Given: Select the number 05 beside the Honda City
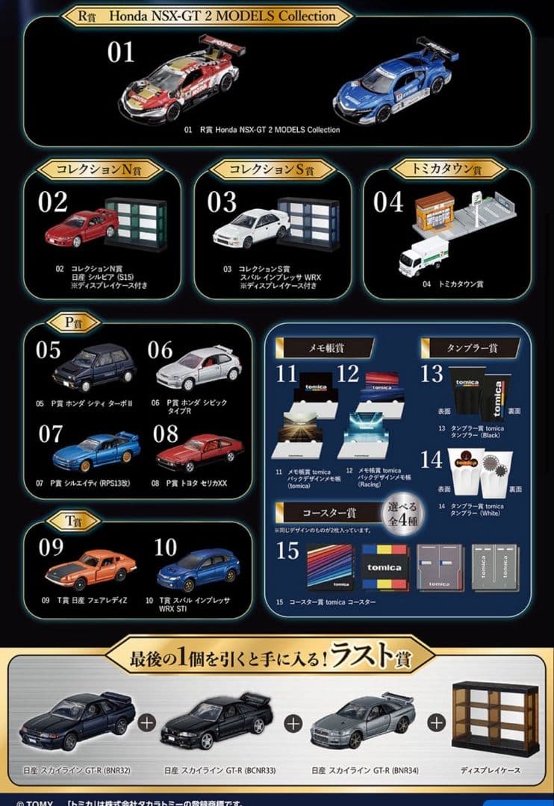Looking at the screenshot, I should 49,350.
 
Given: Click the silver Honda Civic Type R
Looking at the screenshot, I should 199,366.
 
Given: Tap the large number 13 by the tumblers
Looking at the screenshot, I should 431,372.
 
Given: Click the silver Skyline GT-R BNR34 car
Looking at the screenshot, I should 362,720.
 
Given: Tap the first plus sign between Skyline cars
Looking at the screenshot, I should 147,722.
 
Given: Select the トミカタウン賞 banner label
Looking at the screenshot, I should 446,169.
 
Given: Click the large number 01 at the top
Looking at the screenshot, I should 121,52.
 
